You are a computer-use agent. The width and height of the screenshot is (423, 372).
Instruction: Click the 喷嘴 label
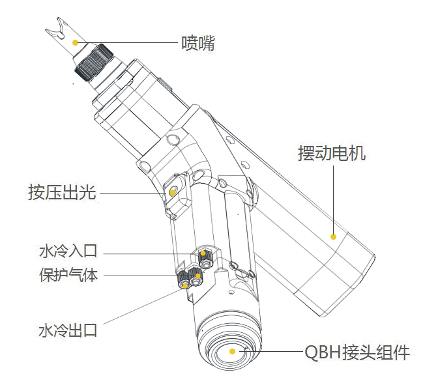click(x=197, y=44)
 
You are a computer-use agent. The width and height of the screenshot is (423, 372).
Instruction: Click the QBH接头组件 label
click(x=357, y=353)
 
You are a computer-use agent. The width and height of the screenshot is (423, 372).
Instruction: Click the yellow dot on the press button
click(x=172, y=193)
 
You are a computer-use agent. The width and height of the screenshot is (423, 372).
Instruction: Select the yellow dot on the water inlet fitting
click(x=203, y=253)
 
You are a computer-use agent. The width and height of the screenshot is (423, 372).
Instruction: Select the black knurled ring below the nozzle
click(x=95, y=62)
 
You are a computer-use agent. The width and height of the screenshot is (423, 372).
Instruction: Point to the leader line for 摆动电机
click(x=333, y=195)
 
